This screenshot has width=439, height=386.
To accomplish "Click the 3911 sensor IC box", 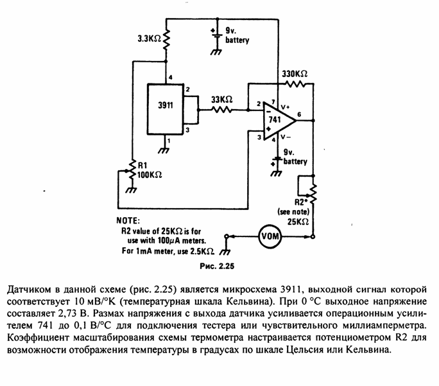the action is [x=166, y=109].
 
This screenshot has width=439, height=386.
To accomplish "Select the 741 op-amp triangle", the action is [x=279, y=121].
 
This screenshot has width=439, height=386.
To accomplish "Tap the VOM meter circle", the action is [x=270, y=237].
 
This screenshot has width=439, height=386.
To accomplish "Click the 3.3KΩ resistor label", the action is [x=150, y=39].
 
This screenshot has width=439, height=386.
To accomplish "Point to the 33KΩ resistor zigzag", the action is [x=221, y=110].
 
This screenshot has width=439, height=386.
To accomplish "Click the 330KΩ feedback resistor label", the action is [x=295, y=74].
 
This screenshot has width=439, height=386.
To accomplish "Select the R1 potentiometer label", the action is [x=142, y=165].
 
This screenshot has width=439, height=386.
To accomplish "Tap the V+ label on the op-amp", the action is [x=286, y=107].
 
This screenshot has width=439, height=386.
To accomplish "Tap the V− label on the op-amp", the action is [x=286, y=137].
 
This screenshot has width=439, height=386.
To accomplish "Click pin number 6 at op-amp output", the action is [x=299, y=114].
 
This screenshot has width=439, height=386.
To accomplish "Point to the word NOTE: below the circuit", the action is [x=128, y=221].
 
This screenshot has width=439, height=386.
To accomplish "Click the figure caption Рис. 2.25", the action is [x=217, y=266].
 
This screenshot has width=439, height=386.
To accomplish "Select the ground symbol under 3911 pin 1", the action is [x=164, y=150].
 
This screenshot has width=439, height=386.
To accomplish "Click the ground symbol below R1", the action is [x=131, y=190].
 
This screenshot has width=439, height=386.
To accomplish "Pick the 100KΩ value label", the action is [x=150, y=175].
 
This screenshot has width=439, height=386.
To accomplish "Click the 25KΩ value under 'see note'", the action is [x=298, y=222].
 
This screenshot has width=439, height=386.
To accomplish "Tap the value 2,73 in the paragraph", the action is [x=67, y=313].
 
